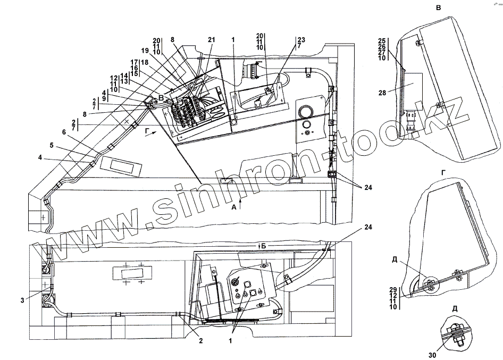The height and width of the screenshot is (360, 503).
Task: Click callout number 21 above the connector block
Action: pos(212,40)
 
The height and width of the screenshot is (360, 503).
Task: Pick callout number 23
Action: pos(301,40)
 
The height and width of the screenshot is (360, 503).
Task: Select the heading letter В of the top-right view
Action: pos(438,8)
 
